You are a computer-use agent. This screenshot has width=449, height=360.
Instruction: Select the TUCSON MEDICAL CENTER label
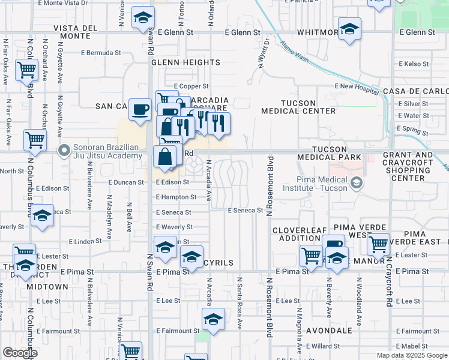click(299, 106)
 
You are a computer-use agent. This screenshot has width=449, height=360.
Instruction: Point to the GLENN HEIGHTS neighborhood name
click(185, 62)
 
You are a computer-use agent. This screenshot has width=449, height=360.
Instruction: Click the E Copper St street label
click(191, 86)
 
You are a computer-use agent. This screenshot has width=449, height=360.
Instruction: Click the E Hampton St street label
click(176, 197)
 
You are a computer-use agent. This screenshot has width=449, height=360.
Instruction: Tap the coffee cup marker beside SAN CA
click(140, 109)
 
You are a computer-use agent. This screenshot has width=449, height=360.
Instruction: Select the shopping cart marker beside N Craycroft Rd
click(378, 244)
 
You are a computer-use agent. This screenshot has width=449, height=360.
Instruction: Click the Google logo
click(20, 353)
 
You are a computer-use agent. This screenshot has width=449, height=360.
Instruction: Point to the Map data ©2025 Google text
click(412, 355)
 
